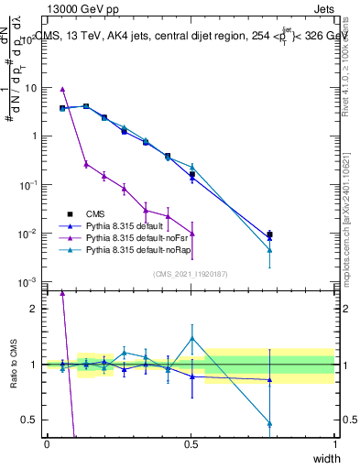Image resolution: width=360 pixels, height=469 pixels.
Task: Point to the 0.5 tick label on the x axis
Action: (x=191, y=443)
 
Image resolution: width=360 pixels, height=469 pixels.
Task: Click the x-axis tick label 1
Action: (x=334, y=443)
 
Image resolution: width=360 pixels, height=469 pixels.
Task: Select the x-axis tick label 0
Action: (x=47, y=443)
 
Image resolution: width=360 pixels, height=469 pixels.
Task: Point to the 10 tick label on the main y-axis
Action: (x=27, y=88)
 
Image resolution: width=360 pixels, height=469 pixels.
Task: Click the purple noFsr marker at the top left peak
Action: (x=62, y=89)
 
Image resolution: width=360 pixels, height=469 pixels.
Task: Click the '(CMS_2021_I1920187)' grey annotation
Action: (x=191, y=274)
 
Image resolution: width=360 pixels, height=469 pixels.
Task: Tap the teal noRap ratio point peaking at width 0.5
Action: (x=191, y=338)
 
